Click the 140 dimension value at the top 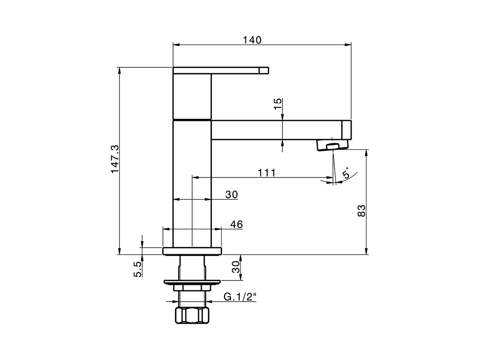tap(252, 40)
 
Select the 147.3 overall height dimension tap(115, 159)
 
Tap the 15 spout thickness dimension tap(277, 104)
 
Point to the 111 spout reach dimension tap(267, 172)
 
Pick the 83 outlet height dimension tap(361, 211)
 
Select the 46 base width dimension tap(236, 224)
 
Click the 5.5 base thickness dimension tap(138, 269)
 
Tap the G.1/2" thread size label tap(240, 297)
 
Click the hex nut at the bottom tap(192, 315)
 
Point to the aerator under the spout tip tap(332, 145)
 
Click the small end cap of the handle tap(265, 70)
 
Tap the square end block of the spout tap(346, 130)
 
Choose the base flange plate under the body tap(192, 251)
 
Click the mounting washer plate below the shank tap(192, 282)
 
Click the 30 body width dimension tap(232, 195)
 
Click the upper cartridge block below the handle tap(192, 96)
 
